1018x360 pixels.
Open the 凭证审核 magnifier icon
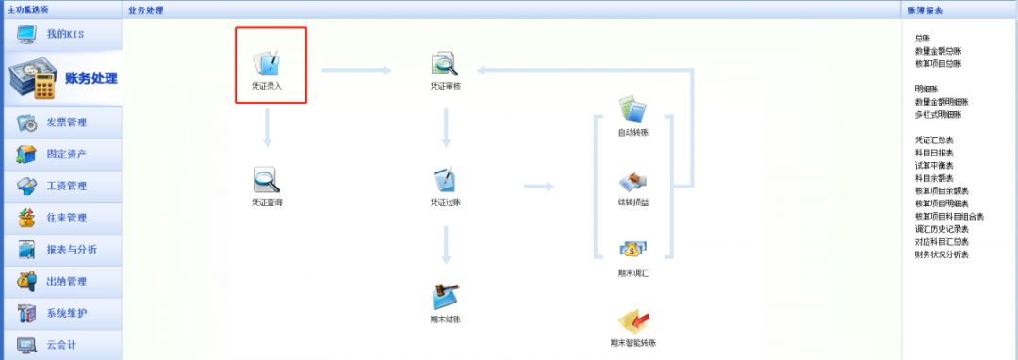(445, 65)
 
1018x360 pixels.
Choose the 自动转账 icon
(632, 110)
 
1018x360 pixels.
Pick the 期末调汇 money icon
(632, 250)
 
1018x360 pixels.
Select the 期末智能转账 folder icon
(632, 322)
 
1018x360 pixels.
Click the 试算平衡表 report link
(934, 165)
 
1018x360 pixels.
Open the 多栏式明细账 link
(938, 114)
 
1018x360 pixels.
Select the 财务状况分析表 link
(942, 254)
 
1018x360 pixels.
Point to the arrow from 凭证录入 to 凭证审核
(355, 69)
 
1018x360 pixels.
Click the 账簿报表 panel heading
(926, 9)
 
